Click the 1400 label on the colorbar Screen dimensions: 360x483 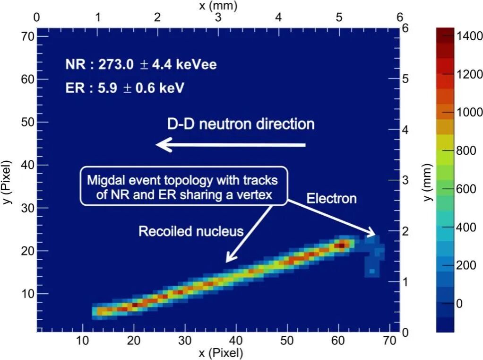[470, 36]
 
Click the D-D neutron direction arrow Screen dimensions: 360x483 [231, 145]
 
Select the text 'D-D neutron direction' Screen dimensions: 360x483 [241, 124]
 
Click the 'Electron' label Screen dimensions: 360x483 [331, 198]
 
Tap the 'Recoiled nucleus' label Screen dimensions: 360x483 [190, 231]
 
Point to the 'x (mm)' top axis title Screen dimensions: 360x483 [218, 6]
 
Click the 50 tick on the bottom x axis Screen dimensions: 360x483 [287, 340]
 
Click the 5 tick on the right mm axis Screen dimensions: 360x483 [405, 79]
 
